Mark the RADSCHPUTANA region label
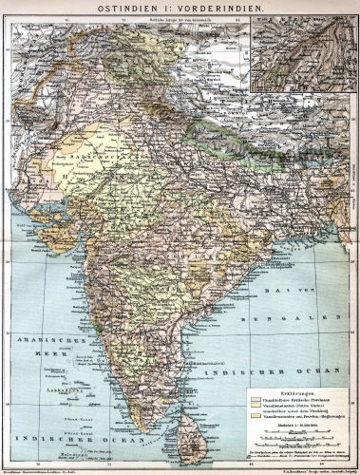[x=90, y=152]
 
